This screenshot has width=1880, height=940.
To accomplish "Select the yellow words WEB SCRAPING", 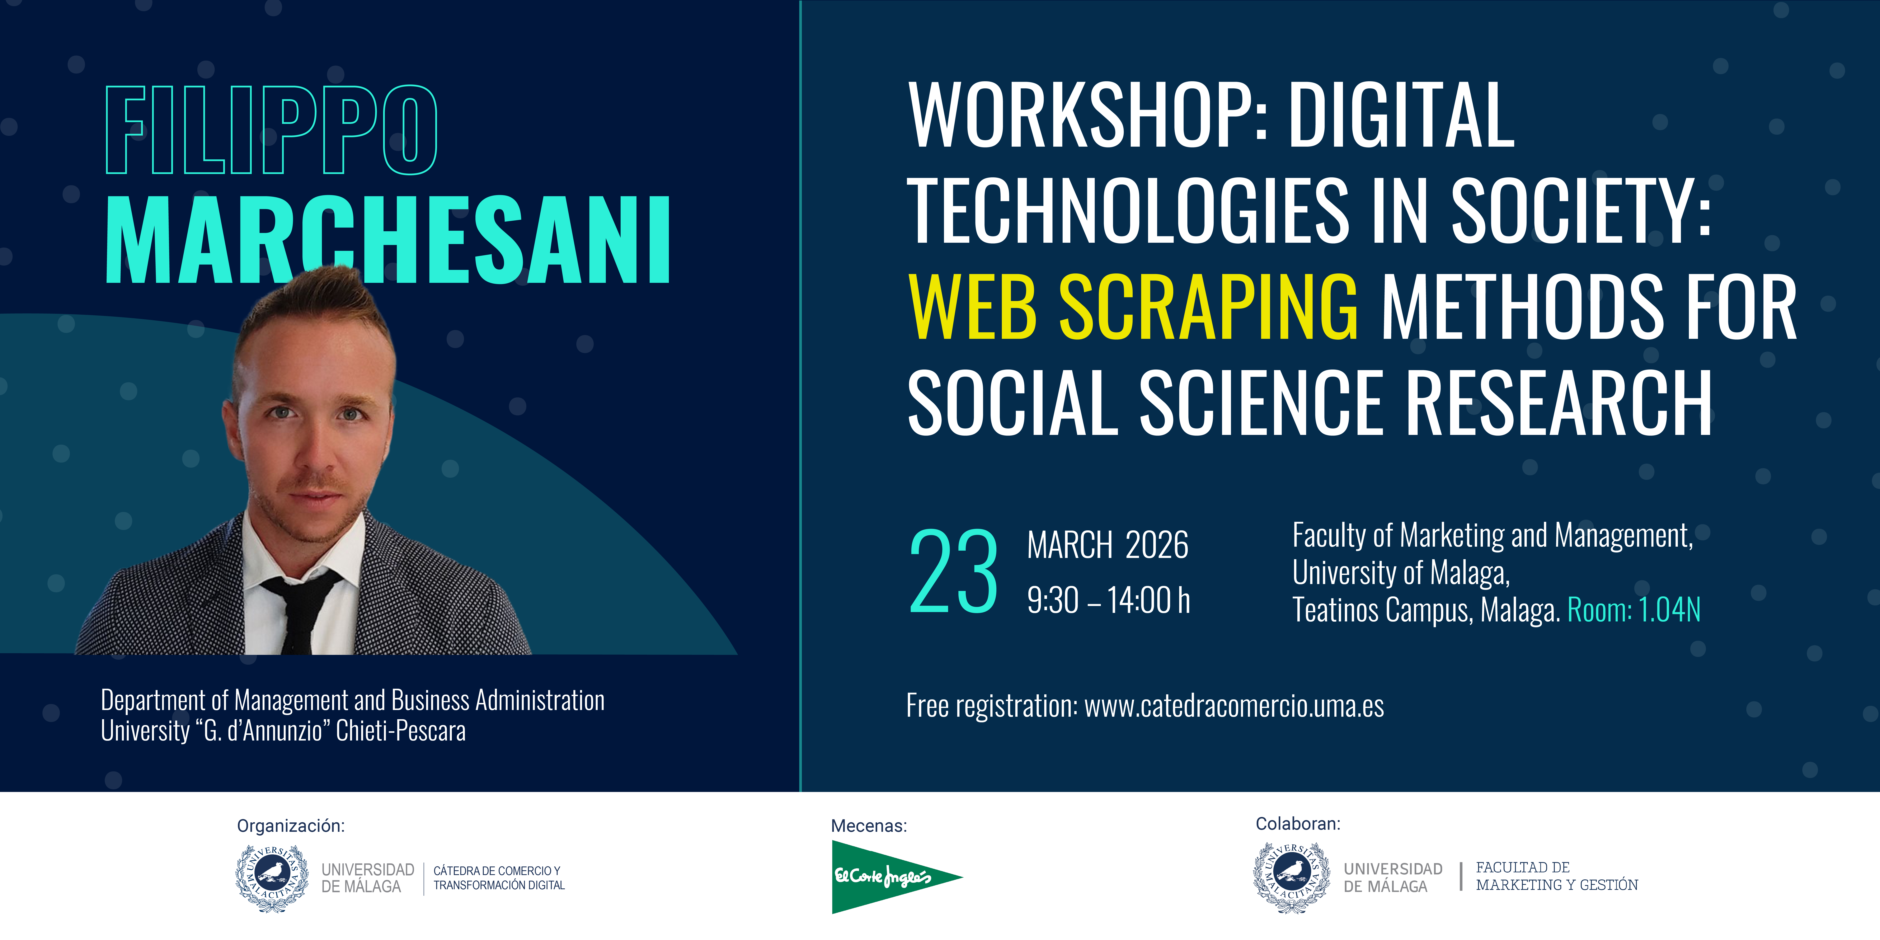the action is coord(1133,306).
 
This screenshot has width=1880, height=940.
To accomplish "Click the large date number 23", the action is coord(953,572).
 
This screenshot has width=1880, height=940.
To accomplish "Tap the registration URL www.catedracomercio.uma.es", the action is coord(1234,706).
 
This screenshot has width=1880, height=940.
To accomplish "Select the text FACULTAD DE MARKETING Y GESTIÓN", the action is coord(1557,876).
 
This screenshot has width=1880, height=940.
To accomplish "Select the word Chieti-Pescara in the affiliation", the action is coord(401,730).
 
